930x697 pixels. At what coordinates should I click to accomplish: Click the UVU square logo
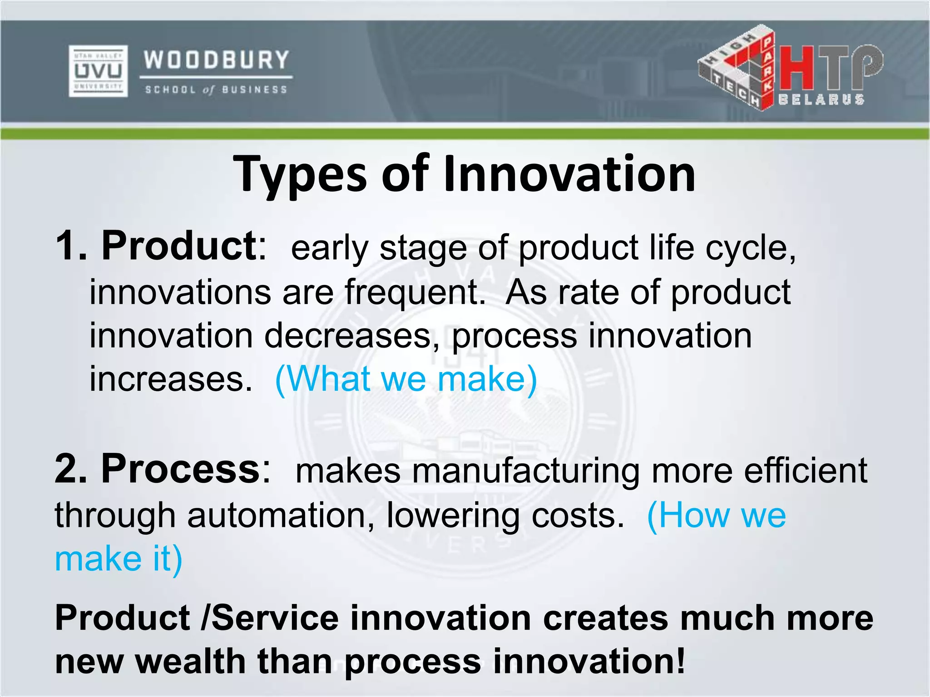click(x=98, y=71)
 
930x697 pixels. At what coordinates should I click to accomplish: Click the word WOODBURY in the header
click(x=217, y=60)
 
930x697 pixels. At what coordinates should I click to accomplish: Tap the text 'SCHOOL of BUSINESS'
click(x=216, y=90)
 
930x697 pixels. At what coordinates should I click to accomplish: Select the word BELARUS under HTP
click(x=821, y=99)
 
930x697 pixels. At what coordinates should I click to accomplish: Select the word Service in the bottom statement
click(x=275, y=618)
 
